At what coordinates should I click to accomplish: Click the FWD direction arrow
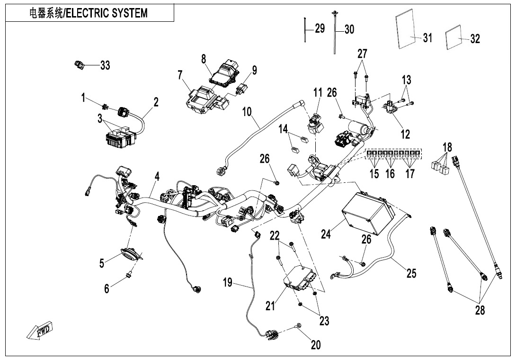tap(39, 330)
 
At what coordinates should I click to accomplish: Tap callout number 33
tap(105, 65)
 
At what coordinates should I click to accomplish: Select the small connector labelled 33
tap(79, 64)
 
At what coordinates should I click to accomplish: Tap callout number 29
tap(320, 28)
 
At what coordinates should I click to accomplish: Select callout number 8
tap(204, 59)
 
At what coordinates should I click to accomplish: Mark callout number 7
tap(180, 74)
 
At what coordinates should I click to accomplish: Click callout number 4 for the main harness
tap(157, 177)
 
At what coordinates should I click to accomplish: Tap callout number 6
tap(107, 288)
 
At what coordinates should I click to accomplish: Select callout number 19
tap(228, 283)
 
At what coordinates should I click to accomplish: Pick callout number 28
tap(481, 311)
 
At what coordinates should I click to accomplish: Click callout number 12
tap(405, 134)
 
